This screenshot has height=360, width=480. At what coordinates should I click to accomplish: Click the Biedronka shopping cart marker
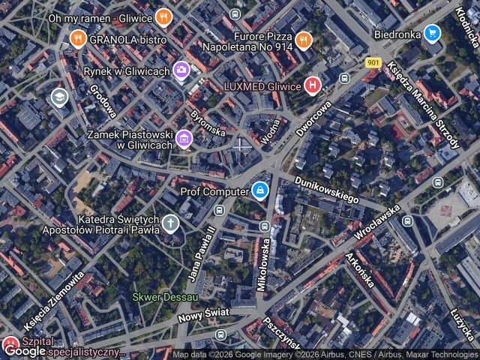click(431, 33)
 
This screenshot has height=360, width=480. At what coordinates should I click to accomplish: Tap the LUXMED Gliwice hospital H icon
click(313, 85)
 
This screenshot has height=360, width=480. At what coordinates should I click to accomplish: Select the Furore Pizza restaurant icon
click(303, 40)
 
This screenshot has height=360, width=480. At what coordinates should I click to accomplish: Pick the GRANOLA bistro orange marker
click(77, 38)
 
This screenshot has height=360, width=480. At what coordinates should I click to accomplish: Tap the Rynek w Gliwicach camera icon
click(181, 70)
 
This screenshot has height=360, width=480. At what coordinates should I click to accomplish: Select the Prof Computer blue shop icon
click(259, 191)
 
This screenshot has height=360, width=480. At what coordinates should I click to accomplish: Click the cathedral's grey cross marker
click(171, 223)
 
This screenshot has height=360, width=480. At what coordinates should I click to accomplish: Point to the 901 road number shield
click(373, 63)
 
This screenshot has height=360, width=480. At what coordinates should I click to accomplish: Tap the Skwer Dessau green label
click(165, 297)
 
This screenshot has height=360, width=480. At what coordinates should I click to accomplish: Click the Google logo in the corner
click(24, 350)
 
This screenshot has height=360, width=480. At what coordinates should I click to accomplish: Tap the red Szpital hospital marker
click(10, 345)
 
